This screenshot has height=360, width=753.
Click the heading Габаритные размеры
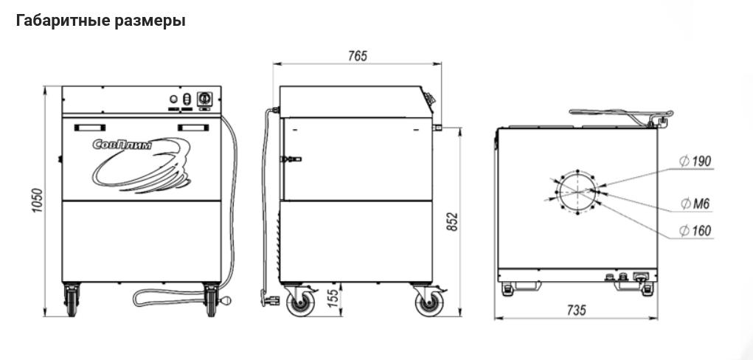(101, 21)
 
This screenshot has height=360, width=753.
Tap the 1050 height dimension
(38, 201)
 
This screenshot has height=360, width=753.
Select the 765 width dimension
(358, 56)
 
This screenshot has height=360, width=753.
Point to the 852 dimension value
(453, 222)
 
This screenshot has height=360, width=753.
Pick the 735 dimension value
(576, 310)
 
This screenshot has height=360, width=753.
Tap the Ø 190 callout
(695, 161)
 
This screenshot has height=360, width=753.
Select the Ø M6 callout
(695, 204)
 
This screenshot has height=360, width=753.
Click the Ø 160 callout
(695, 231)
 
